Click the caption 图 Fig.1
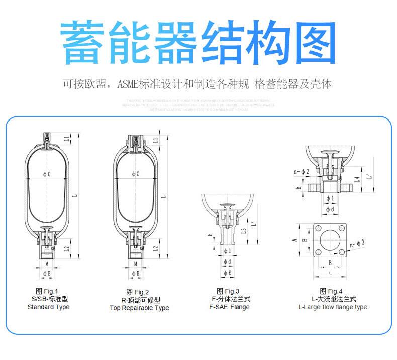point(47,291)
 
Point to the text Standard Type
point(49,307)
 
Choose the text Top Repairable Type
point(139,308)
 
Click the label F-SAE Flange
point(229,307)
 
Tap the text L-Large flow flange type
point(332,307)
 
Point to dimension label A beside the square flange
point(294,240)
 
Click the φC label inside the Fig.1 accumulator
point(46,174)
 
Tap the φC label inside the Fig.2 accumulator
point(135,174)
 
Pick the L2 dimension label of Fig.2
point(156,248)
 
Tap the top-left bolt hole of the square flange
point(319,228)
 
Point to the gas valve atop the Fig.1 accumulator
point(46,138)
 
